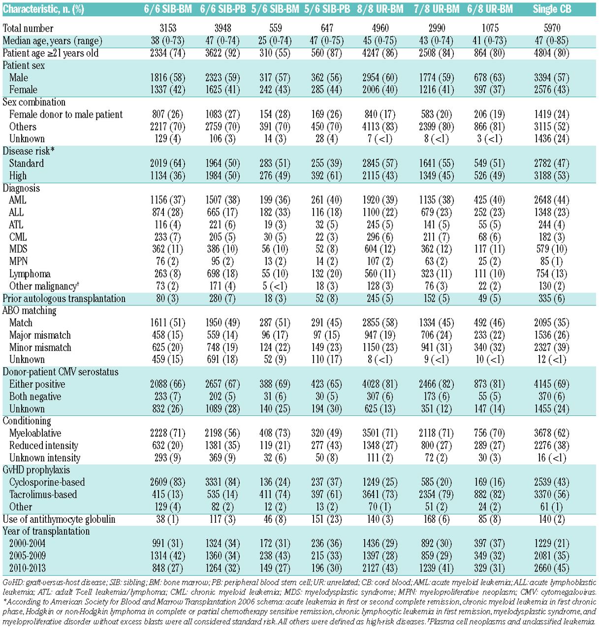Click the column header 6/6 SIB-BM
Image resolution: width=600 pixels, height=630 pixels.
point(168,9)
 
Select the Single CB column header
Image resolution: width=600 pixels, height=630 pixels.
point(552,9)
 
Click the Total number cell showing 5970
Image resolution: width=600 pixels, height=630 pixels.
point(552,28)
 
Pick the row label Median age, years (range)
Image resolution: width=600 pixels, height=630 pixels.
point(53,41)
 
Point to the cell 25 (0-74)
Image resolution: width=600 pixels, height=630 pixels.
point(275,41)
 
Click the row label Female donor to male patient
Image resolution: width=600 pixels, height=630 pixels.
point(66,114)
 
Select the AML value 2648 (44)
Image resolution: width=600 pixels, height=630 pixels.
point(552,200)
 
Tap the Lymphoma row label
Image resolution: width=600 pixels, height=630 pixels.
point(30,274)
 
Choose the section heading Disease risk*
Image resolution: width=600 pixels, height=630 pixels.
point(29,151)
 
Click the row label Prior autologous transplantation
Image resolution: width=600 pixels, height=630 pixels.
point(64,298)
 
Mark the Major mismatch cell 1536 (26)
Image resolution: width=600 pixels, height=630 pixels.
point(552,335)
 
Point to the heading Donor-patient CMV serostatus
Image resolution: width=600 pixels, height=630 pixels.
point(61,372)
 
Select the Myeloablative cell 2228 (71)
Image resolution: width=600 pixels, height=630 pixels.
point(168,433)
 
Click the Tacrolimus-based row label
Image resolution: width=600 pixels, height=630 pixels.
point(43,494)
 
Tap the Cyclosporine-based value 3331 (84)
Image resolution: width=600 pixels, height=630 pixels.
point(223,482)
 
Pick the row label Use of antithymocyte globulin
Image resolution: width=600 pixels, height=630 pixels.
point(59,519)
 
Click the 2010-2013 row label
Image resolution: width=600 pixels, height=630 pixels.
point(28,568)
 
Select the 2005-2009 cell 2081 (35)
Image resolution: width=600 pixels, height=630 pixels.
point(552,556)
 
